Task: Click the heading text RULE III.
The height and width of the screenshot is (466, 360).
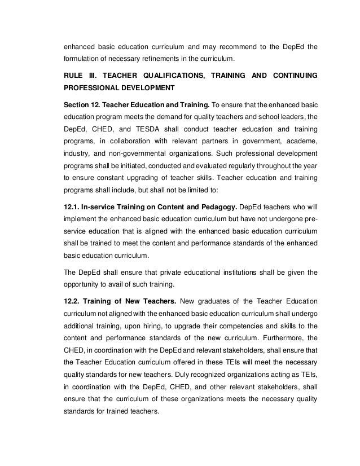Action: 78,75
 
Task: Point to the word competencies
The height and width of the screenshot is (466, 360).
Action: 210,324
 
